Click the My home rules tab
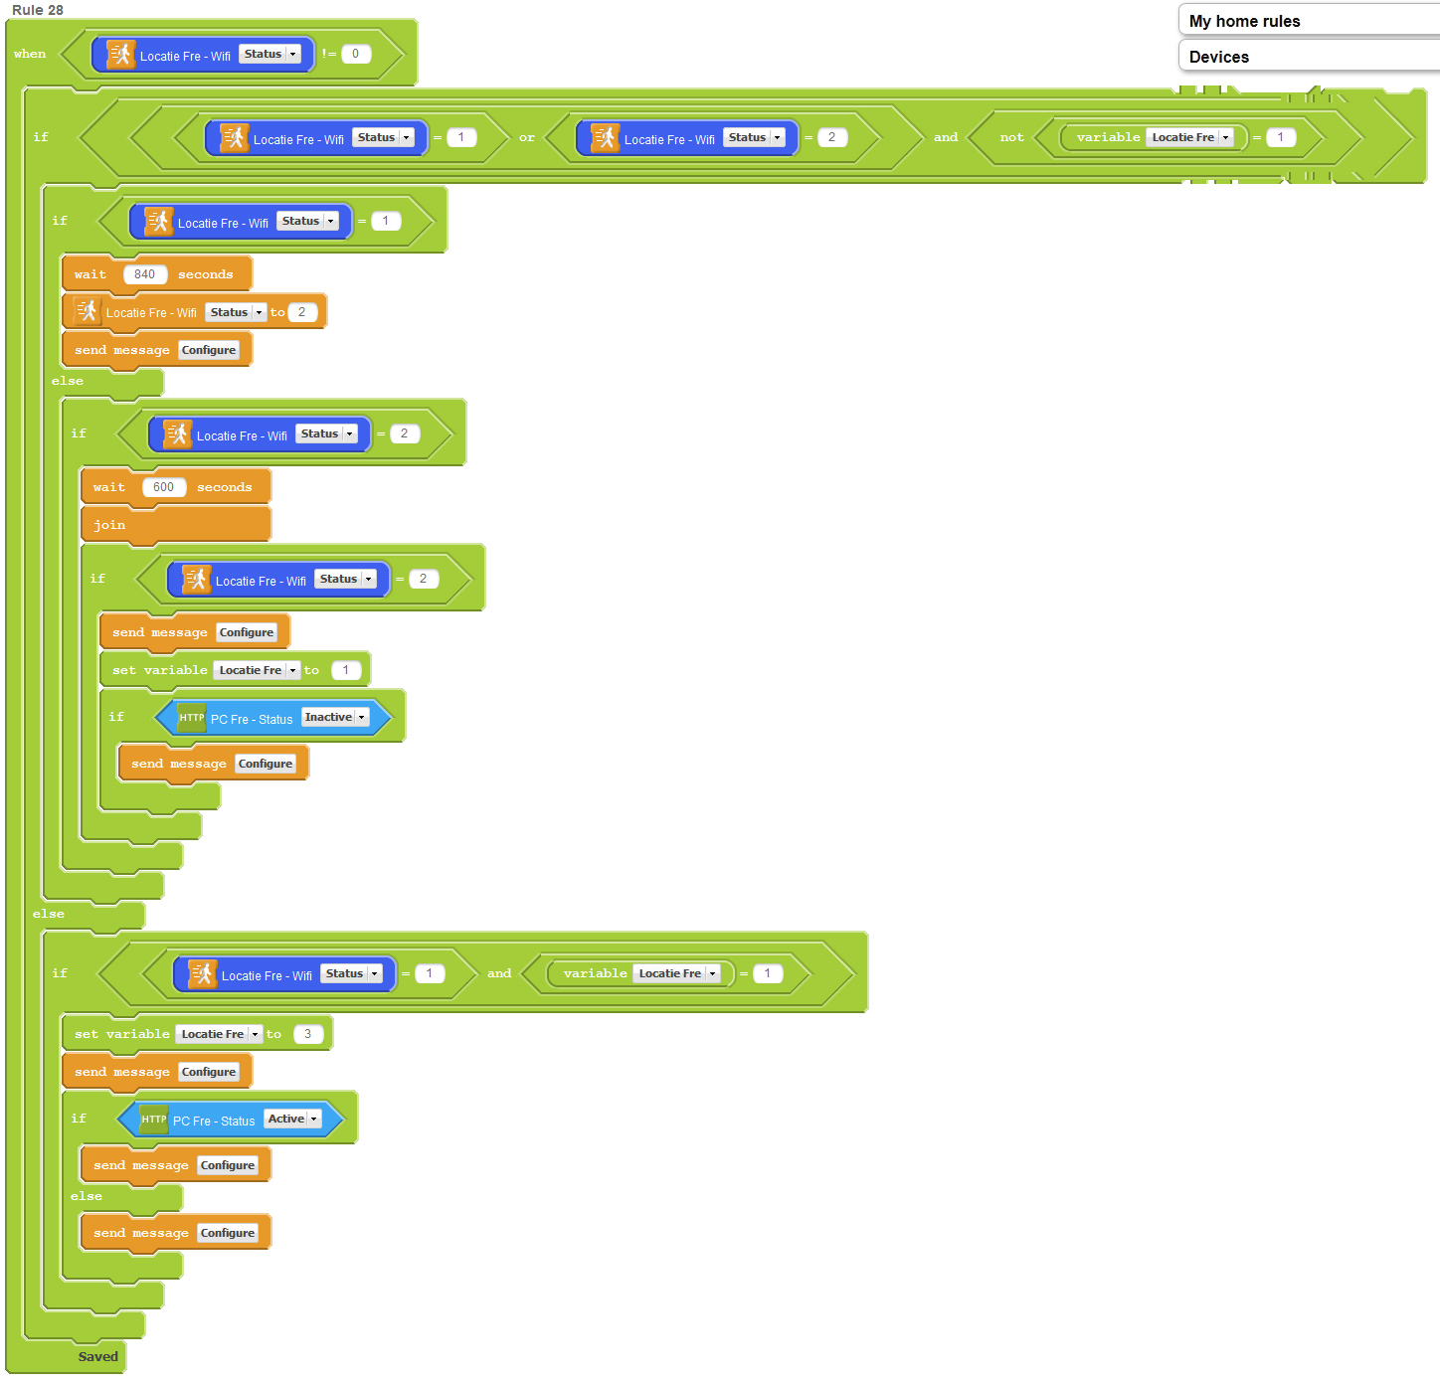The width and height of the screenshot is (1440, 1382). tap(1244, 21)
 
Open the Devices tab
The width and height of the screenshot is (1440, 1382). tap(1219, 57)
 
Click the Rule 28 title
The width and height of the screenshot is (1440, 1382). tap(38, 10)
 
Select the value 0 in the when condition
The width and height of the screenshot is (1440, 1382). tap(356, 54)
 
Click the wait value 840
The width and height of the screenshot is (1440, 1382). tap(145, 274)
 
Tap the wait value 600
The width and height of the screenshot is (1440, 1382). tap(164, 487)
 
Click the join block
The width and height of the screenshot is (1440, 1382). tap(109, 525)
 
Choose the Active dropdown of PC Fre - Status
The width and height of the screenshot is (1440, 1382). tap(292, 1119)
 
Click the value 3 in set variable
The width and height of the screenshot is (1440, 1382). tap(308, 1034)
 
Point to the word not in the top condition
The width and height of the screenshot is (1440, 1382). tap(1011, 137)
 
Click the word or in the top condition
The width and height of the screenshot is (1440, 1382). tap(527, 137)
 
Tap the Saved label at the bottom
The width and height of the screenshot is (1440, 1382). tap(97, 1356)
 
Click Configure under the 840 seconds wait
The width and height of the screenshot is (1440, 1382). tap(209, 350)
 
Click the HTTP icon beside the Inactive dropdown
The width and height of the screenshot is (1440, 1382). tap(192, 717)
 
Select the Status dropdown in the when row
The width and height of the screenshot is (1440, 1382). tap(270, 54)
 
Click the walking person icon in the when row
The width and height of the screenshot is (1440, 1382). tap(120, 54)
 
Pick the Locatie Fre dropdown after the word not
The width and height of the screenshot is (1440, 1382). tap(1190, 137)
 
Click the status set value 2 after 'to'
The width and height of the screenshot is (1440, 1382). tap(302, 312)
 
